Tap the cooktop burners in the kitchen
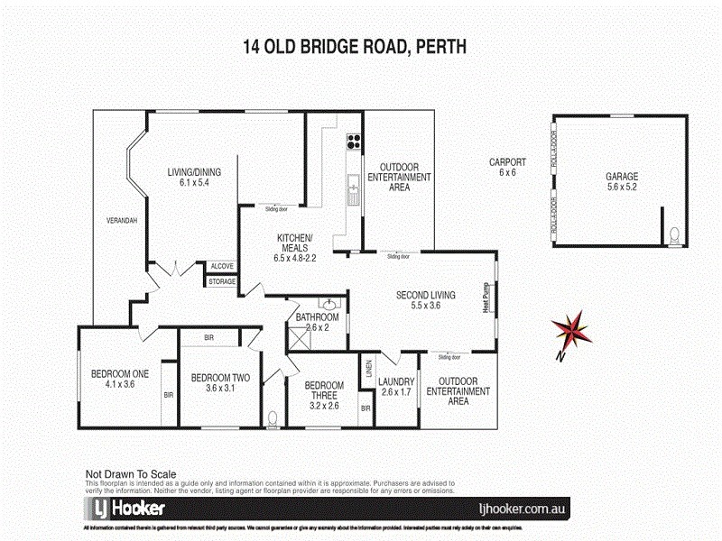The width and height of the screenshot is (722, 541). (x=353, y=141)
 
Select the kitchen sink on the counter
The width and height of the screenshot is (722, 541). (x=350, y=188)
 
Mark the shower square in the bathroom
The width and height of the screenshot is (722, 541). (x=298, y=337)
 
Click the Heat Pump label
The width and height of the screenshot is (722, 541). (x=486, y=298)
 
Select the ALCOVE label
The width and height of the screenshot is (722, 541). (x=222, y=266)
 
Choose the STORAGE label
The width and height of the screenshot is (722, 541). (x=222, y=281)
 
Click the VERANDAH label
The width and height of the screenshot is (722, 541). (x=121, y=222)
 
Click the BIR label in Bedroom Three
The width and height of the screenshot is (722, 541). (x=366, y=408)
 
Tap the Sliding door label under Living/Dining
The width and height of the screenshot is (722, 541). (x=276, y=209)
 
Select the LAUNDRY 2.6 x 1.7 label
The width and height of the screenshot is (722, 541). (x=396, y=387)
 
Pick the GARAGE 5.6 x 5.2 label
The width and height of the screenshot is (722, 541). (x=622, y=182)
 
